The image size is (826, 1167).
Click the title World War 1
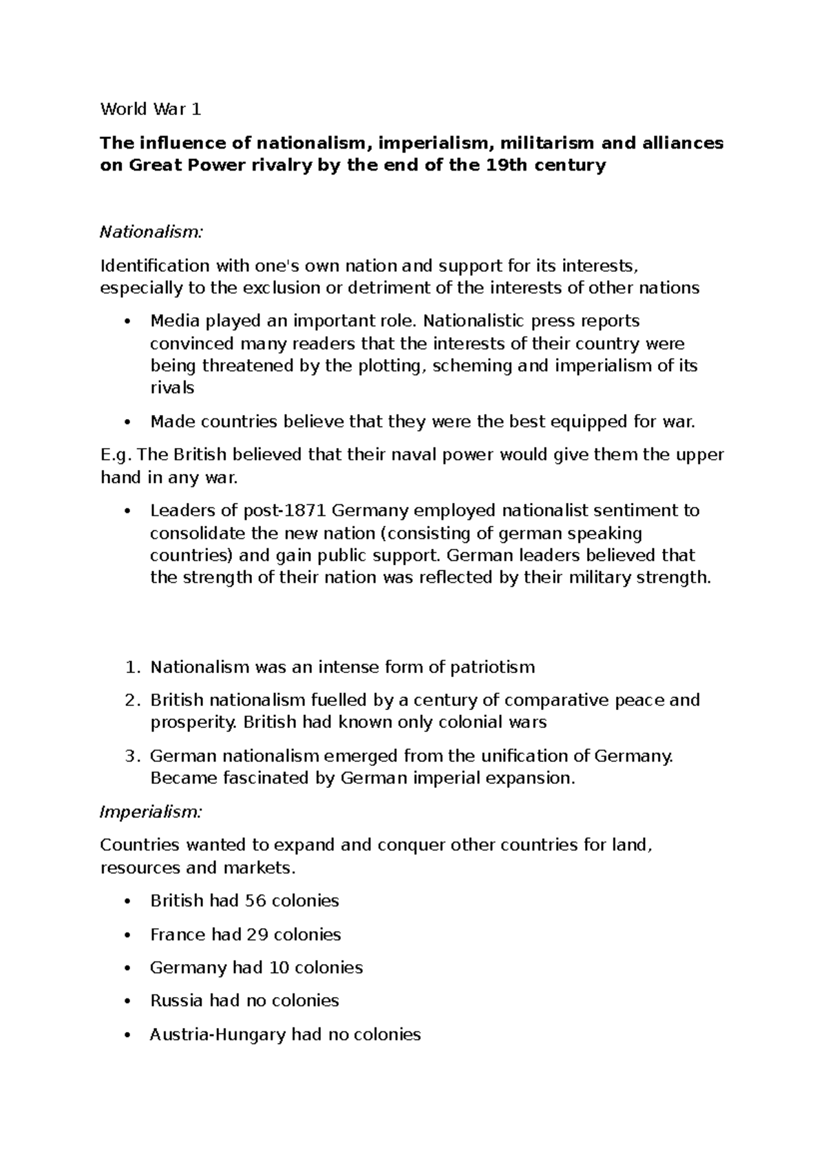(150, 109)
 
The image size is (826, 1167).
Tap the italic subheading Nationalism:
(151, 232)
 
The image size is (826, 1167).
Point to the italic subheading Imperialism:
(151, 812)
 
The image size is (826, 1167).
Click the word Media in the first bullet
(172, 321)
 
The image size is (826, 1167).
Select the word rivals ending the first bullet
(172, 388)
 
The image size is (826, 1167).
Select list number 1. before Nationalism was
(131, 667)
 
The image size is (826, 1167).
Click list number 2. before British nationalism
(131, 700)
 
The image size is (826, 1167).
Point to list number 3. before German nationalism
(131, 756)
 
